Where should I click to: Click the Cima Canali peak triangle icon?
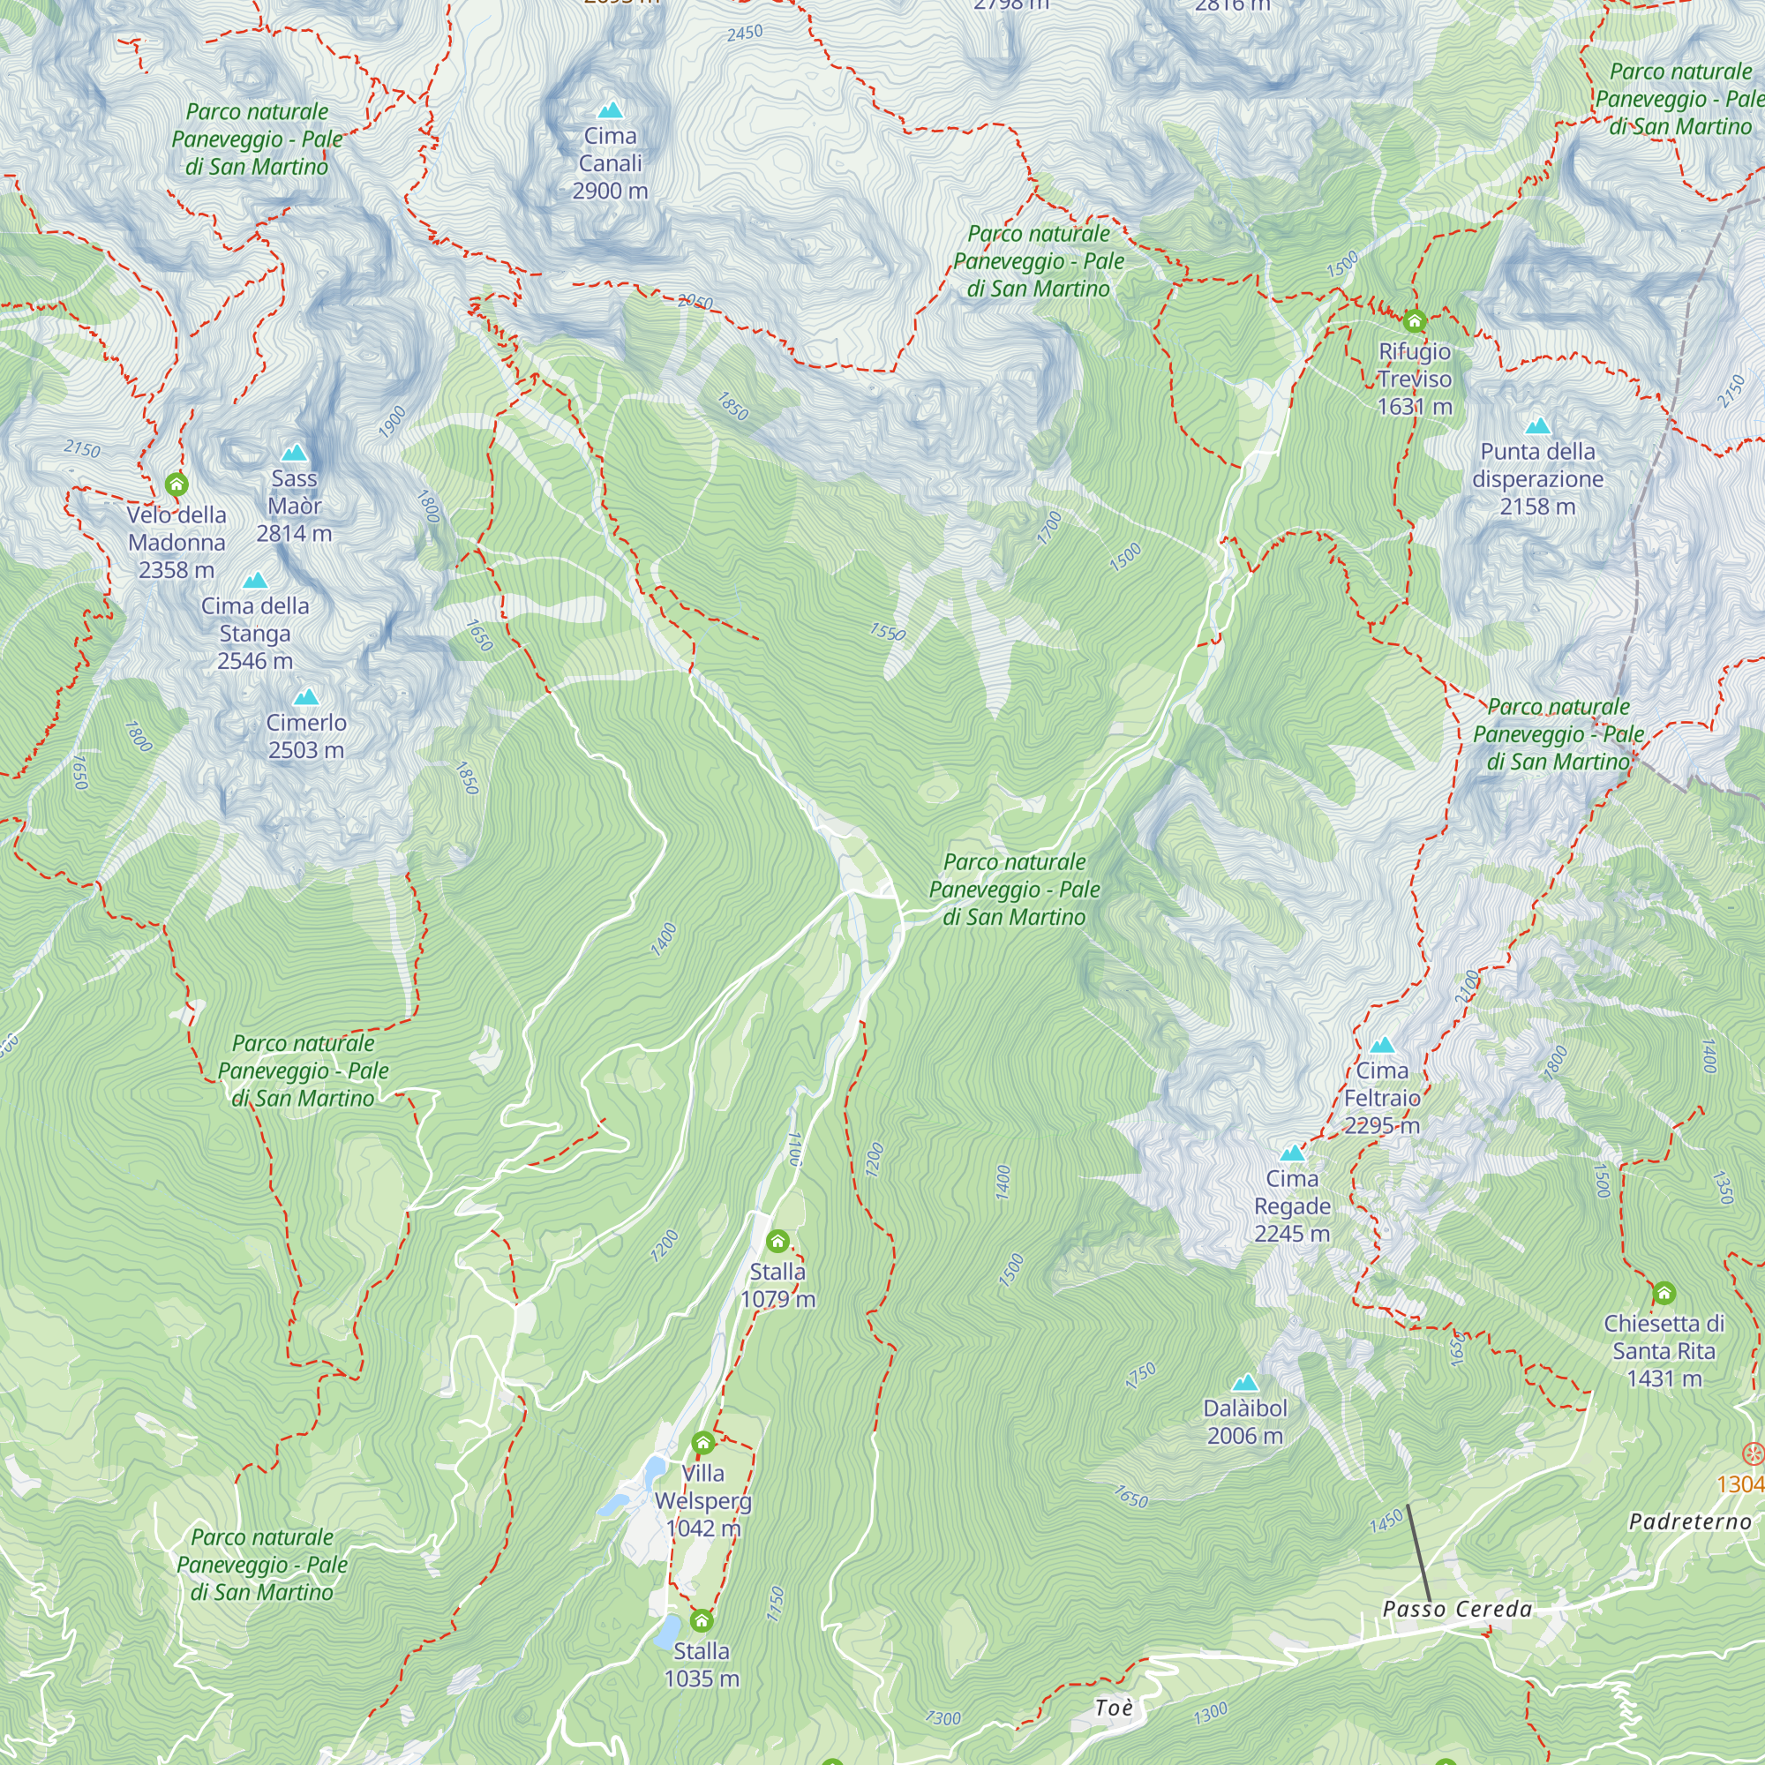(611, 111)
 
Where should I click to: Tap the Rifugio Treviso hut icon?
(1414, 320)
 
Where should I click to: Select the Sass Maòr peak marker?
(293, 453)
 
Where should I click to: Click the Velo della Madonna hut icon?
(176, 484)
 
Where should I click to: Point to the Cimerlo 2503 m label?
(306, 736)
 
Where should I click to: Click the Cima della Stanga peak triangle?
(255, 581)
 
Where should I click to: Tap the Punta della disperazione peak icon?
(1538, 426)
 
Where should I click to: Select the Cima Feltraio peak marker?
(1382, 1045)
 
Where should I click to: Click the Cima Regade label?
(1292, 1206)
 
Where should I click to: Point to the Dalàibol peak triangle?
(1245, 1384)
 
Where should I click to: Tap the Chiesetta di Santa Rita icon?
(1664, 1293)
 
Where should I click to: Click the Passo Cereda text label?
(1457, 1610)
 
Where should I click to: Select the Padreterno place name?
(1690, 1522)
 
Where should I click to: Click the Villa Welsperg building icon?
(702, 1444)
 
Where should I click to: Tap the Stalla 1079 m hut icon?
(777, 1241)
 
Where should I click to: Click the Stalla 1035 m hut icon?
(702, 1621)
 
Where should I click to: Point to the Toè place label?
(1114, 1709)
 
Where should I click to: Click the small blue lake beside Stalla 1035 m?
(668, 1631)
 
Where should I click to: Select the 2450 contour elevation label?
(745, 33)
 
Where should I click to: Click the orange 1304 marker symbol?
(1753, 1453)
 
